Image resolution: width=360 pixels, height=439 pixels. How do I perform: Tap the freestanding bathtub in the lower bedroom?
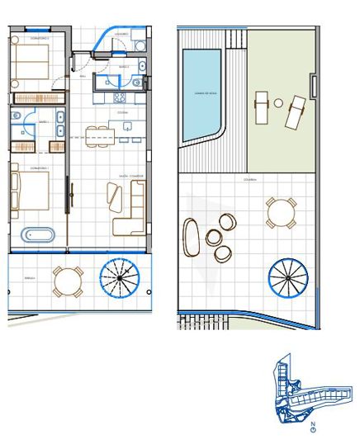coord(37,234)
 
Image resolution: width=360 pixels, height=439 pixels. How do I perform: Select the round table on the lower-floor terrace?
coord(68,281)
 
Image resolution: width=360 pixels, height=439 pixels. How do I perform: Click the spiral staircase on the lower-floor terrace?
coord(120,279)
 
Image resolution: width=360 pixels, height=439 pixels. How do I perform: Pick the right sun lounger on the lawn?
coord(296,113)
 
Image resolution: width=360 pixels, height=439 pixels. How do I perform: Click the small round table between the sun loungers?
coord(279,103)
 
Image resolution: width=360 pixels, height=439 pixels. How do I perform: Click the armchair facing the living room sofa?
coord(113,197)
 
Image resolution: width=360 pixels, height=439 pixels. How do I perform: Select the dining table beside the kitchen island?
coord(102,132)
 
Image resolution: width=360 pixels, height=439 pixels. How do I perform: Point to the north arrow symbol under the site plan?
coord(313,427)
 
